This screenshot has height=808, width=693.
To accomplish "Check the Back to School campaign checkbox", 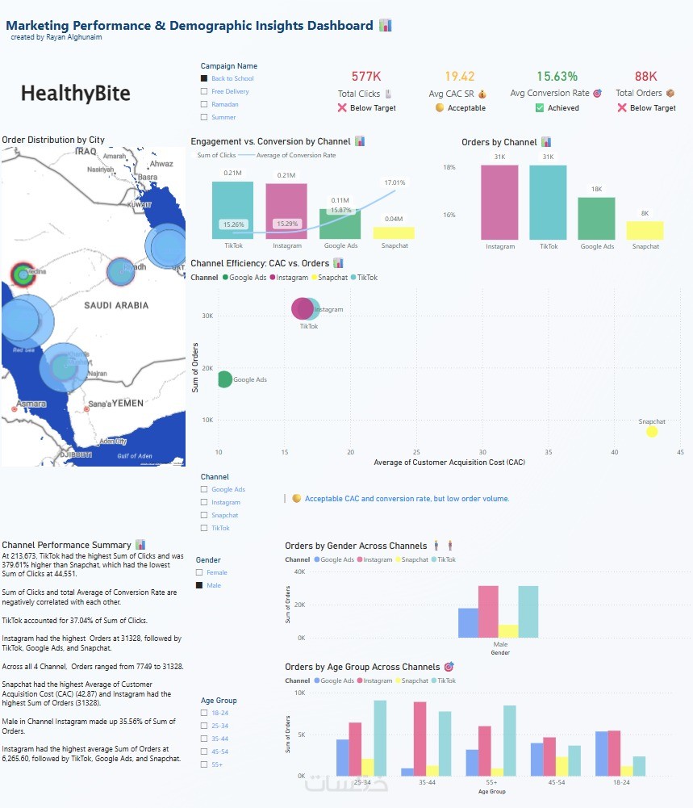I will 204,78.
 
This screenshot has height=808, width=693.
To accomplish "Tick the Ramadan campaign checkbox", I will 204,104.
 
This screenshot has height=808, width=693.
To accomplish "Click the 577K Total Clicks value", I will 366,77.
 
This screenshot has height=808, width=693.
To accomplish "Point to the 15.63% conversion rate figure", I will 557,77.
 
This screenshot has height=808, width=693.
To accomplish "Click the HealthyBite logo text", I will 75,94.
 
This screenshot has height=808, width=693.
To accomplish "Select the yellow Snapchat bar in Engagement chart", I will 394,232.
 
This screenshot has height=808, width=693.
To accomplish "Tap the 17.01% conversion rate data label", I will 395,182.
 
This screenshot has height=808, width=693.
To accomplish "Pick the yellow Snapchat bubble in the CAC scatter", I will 652,432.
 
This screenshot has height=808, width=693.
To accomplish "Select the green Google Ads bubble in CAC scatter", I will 223,379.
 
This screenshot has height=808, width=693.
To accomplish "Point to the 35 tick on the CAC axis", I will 549,452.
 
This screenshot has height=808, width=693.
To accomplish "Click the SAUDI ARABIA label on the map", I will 116,305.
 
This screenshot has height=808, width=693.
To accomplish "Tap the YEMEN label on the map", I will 127,403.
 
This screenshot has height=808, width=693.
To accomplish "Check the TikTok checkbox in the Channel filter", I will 204,528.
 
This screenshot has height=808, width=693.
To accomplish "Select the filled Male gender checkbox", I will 199,585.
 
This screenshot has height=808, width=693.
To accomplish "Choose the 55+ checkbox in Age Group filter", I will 204,764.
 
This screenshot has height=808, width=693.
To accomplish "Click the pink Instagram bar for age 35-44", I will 420,739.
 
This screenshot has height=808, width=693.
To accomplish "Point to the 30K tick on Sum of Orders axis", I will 206,316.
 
